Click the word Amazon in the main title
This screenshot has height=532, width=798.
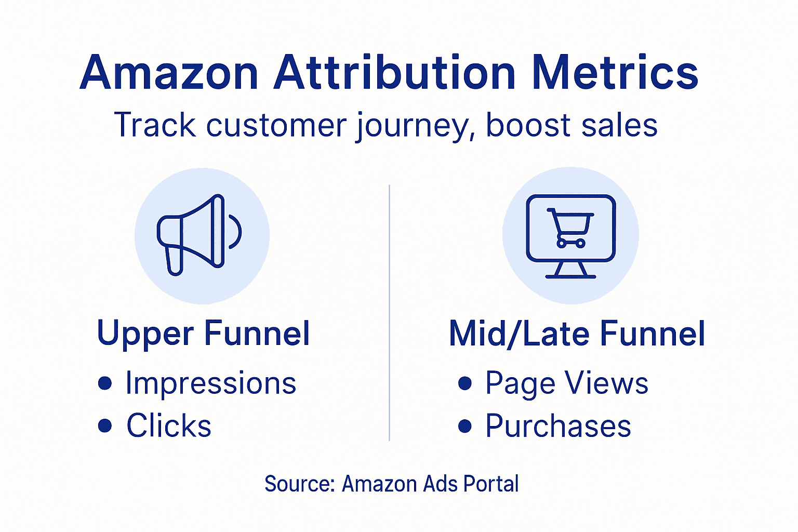[169, 73]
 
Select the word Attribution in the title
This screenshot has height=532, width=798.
[395, 73]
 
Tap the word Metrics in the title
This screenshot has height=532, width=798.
[615, 73]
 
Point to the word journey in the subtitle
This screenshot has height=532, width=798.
[414, 126]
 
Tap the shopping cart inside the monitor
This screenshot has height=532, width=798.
[570, 228]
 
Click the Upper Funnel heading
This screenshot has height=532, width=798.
[204, 334]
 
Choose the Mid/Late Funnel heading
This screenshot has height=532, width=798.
[577, 334]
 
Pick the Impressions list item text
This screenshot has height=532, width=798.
[210, 383]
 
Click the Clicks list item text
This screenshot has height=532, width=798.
[169, 426]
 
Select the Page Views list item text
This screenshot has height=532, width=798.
[566, 383]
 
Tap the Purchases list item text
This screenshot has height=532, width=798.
[558, 426]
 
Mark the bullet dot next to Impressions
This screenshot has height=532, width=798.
[105, 383]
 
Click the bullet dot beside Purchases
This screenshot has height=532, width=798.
[465, 426]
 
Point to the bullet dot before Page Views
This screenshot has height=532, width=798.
[465, 383]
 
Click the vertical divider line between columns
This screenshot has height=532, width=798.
[389, 312]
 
